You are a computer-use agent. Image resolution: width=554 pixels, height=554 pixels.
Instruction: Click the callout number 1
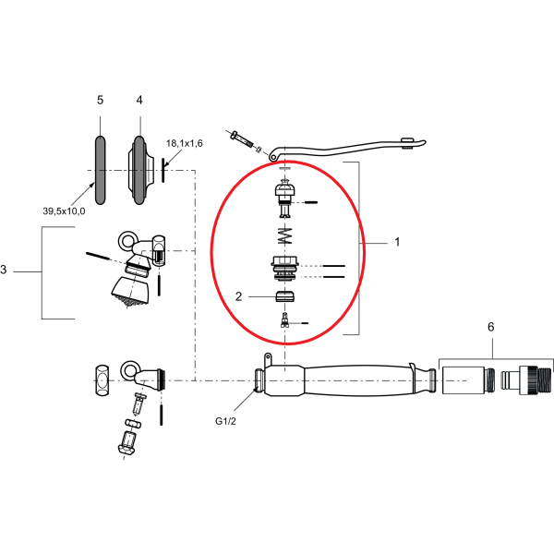396,242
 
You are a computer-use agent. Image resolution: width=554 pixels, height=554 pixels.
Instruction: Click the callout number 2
238,297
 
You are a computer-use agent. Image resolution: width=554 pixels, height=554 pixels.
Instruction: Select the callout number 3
5,271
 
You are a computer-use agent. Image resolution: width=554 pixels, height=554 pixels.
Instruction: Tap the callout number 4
139,100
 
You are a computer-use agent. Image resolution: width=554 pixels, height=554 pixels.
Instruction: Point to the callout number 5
100,100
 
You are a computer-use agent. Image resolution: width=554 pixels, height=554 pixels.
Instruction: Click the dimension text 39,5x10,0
64,211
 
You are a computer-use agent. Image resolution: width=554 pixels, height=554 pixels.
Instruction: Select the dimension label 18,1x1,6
184,144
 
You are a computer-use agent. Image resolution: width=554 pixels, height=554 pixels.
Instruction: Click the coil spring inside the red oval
284,235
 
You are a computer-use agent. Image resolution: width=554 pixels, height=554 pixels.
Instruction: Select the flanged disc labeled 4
139,170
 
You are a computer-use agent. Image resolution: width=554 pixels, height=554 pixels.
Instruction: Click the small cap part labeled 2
284,297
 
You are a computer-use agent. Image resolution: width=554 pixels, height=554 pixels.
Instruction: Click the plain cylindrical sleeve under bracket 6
463,380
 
